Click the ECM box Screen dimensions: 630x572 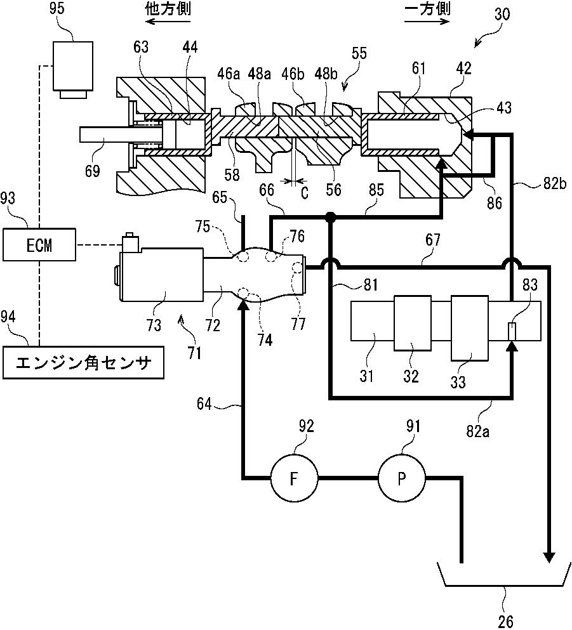click(x=39, y=244)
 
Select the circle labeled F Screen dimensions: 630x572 click(x=294, y=478)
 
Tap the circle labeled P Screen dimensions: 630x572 click(x=401, y=478)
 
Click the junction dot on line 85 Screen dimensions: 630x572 click(x=330, y=218)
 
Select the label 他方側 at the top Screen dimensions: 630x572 click(x=168, y=9)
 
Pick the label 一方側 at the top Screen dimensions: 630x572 click(x=427, y=9)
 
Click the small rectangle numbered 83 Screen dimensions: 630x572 click(x=512, y=331)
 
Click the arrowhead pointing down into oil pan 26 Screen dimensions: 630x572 click(x=548, y=556)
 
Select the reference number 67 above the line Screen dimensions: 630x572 click(x=432, y=242)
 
